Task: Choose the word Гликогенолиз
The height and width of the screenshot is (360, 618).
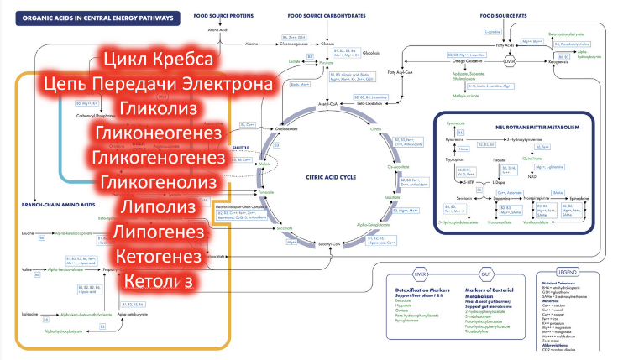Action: pos(159,183)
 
